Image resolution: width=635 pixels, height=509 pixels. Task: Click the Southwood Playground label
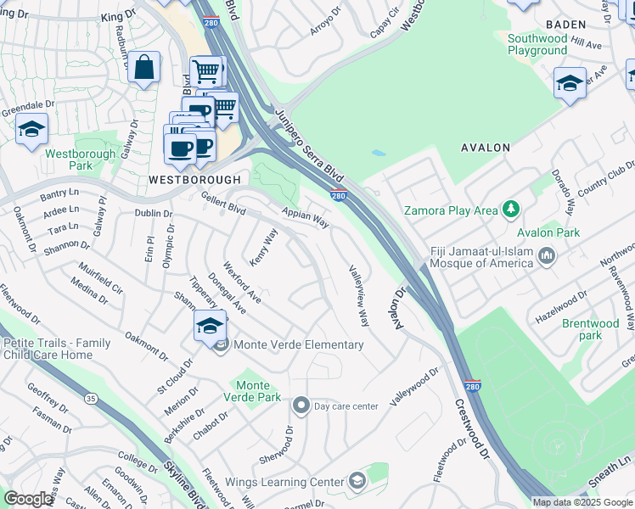pyautogui.click(x=537, y=44)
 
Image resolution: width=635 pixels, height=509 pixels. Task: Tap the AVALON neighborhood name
pyautogui.click(x=485, y=148)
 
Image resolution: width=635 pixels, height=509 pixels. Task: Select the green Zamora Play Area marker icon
pyautogui.click(x=510, y=208)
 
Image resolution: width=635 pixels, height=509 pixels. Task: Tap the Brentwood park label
pyautogui.click(x=590, y=329)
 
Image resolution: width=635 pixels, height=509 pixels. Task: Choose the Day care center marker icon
pyautogui.click(x=300, y=406)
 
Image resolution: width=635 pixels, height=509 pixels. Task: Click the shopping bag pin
pyautogui.click(x=144, y=67)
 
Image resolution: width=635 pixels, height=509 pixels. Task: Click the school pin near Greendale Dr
pyautogui.click(x=31, y=130)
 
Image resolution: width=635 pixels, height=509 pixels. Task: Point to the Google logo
pyautogui.click(x=28, y=499)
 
